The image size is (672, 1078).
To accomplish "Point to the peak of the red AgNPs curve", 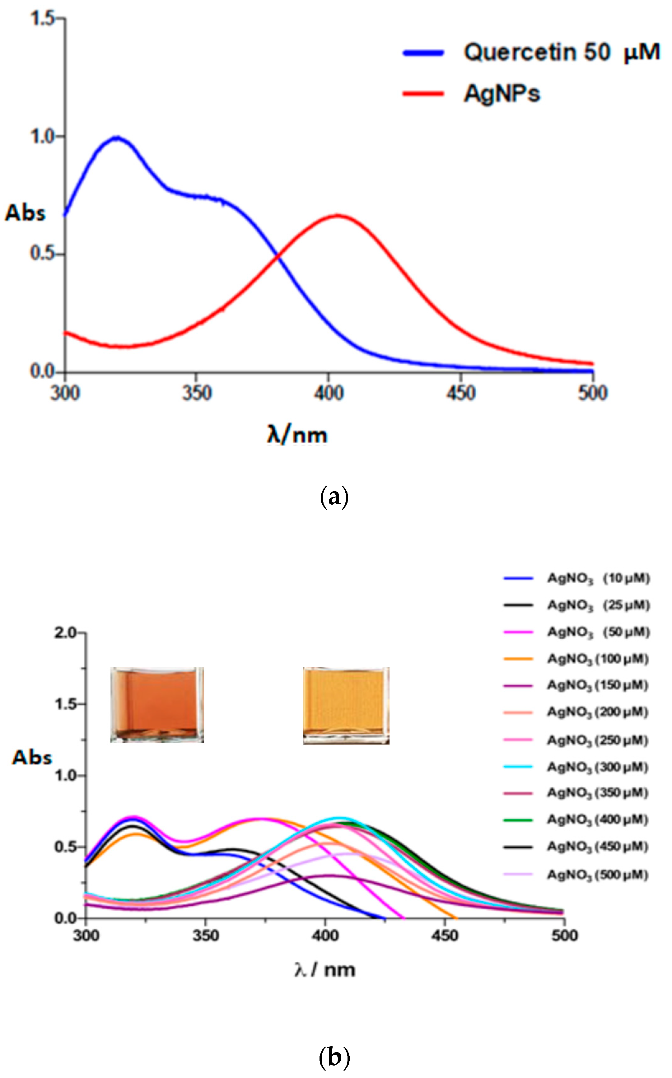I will click(338, 216).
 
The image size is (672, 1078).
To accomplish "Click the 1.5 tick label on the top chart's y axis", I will click(42, 18).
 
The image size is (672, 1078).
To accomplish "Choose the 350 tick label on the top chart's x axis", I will click(196, 393).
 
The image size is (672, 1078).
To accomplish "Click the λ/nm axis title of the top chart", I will click(297, 434).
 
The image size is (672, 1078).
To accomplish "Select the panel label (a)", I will click(334, 497).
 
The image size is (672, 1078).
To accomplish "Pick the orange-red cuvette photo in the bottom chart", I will click(157, 704).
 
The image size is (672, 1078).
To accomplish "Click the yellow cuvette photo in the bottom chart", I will click(346, 705).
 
